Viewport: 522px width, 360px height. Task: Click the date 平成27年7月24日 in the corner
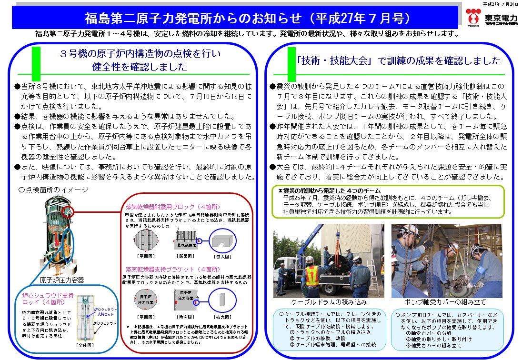[x=501, y=3]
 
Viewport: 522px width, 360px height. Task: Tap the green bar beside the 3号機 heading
[x=34, y=60]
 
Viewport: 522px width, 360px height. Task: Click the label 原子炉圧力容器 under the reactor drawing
[x=62, y=280]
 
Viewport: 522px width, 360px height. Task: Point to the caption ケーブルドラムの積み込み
[x=328, y=302]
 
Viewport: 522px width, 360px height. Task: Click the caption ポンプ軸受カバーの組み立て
[x=446, y=302]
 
